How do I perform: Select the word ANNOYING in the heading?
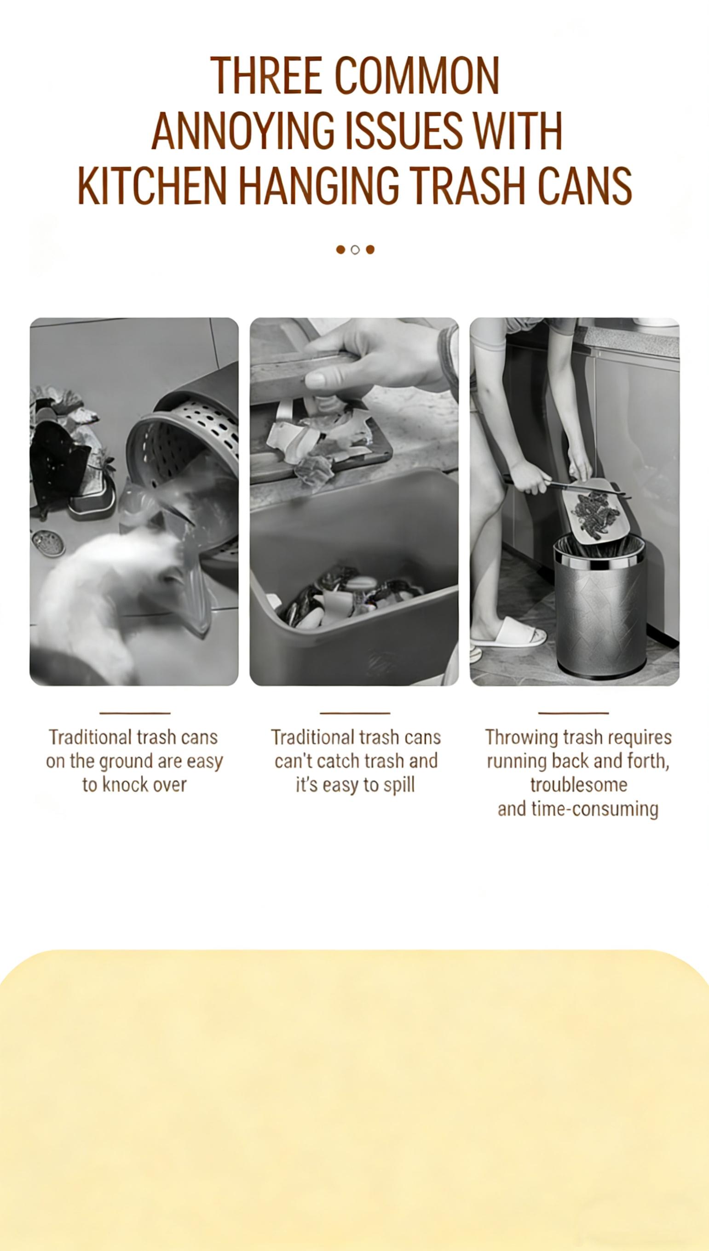pos(243,131)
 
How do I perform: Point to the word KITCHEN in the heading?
pos(152,186)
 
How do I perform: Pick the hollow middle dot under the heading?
pos(355,250)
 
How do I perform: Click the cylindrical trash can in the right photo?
pos(600,608)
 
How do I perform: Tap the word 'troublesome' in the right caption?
pos(578,784)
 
